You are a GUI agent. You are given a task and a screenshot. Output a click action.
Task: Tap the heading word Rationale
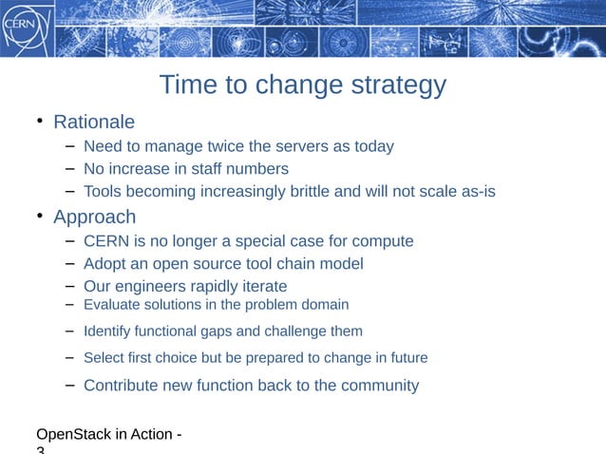[94, 123]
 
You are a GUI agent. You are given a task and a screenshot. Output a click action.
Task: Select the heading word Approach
[94, 217]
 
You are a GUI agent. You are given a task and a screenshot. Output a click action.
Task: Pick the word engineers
[152, 287]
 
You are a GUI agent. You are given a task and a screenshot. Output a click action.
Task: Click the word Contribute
[122, 386]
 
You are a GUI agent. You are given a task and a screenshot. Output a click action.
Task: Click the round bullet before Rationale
[40, 121]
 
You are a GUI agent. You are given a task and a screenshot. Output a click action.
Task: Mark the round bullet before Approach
[40, 215]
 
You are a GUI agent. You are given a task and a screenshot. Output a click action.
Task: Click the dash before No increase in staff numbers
[71, 168]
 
